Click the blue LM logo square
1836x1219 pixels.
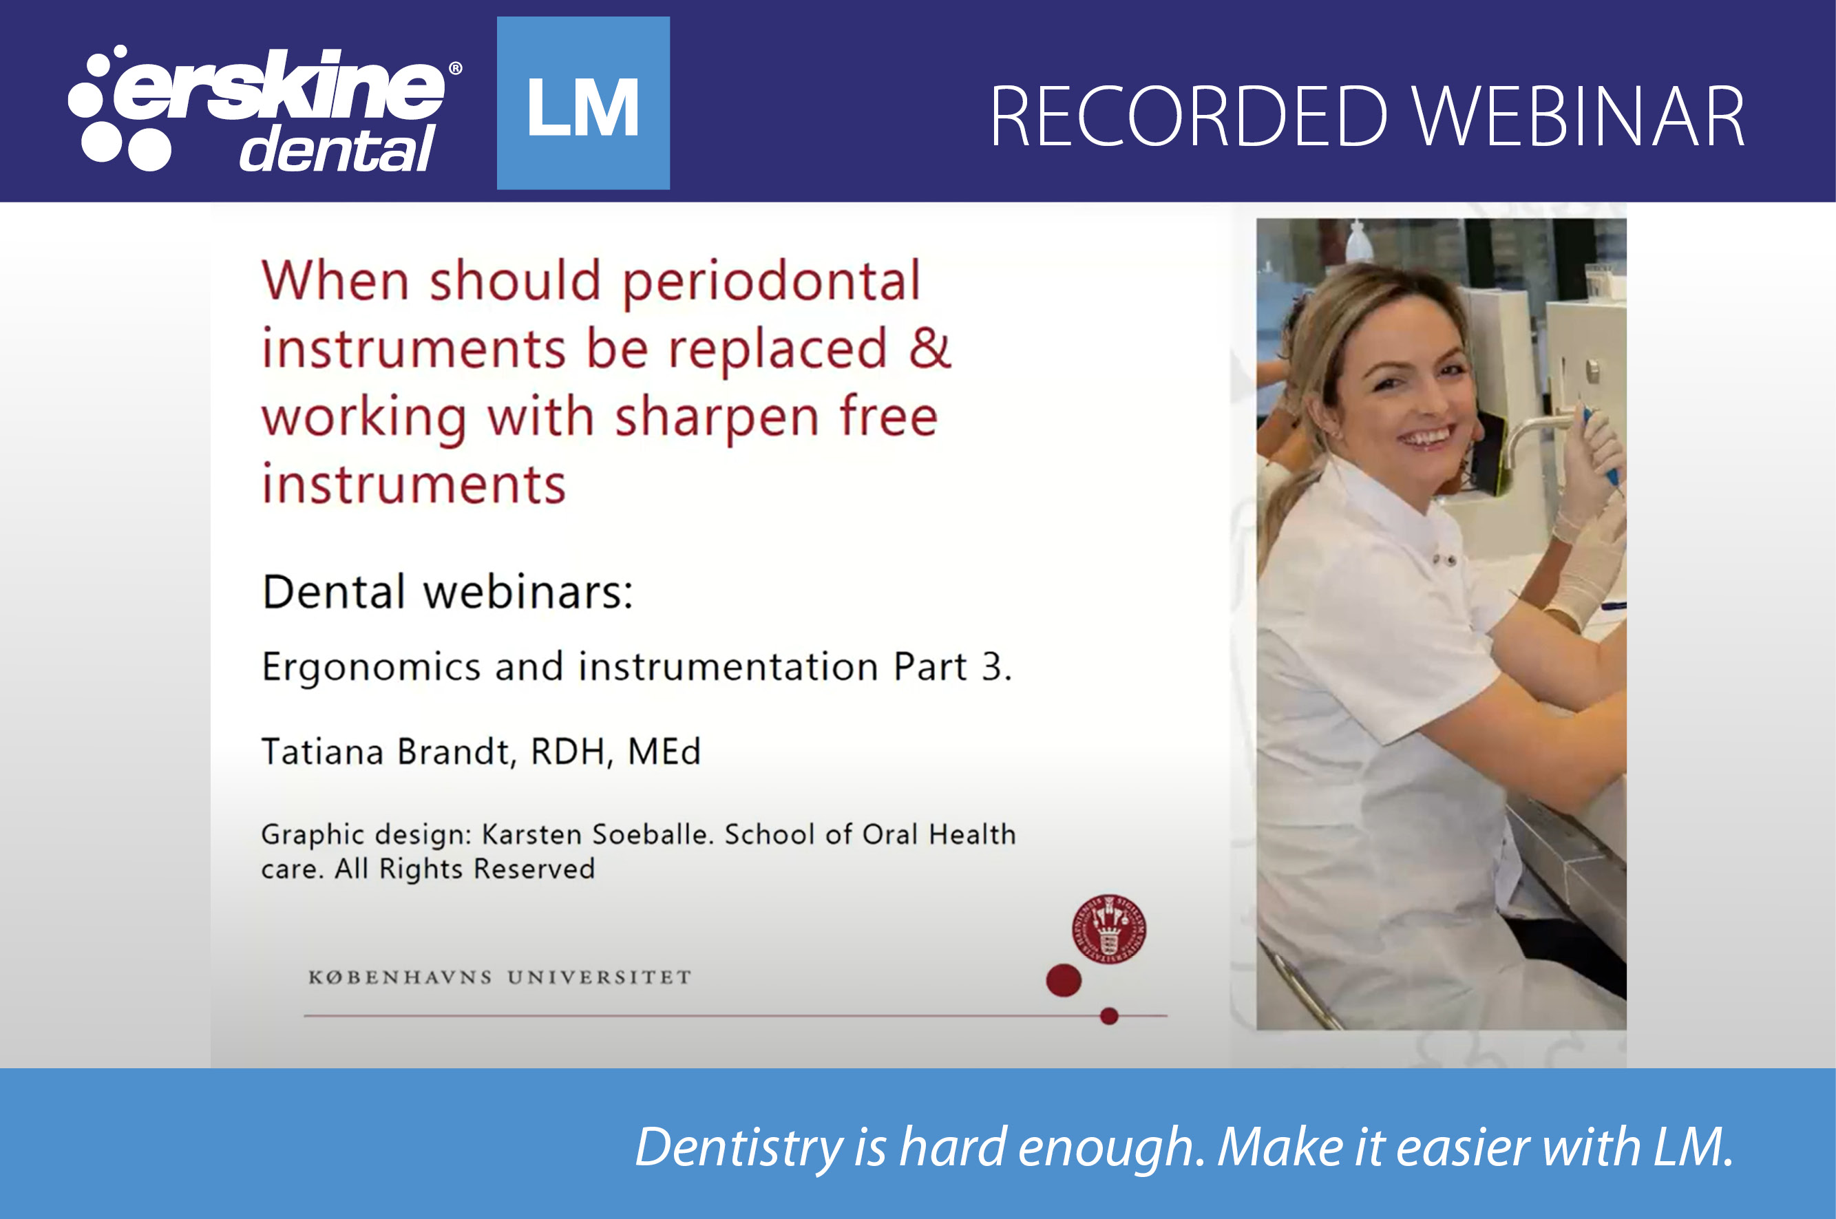click(x=583, y=103)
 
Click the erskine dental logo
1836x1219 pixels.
click(x=264, y=109)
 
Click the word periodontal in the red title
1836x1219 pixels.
click(x=771, y=282)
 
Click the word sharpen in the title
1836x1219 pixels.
click(x=717, y=418)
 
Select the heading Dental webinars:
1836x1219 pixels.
click(x=447, y=593)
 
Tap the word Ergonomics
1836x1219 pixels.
click(x=371, y=667)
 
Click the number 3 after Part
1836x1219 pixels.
click(x=992, y=667)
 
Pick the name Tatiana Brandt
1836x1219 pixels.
click(x=386, y=752)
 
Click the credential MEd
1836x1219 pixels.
click(x=664, y=752)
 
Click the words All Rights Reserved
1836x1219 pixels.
click(x=464, y=869)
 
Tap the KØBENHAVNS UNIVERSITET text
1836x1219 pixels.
click(x=500, y=977)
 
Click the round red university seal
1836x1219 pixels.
click(x=1108, y=929)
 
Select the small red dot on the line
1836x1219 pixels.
click(x=1109, y=1016)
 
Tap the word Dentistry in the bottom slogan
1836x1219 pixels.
click(x=739, y=1147)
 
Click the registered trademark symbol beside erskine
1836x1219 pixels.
click(x=456, y=68)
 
